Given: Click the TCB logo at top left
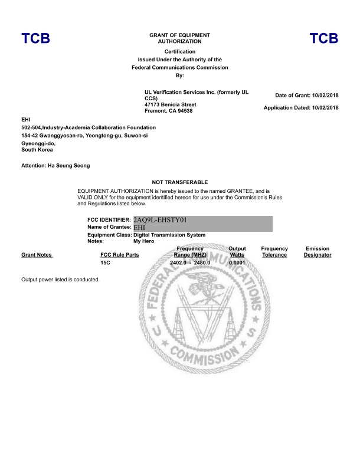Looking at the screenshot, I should pyautogui.click(x=35, y=39).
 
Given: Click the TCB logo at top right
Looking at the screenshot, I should pyautogui.click(x=323, y=39).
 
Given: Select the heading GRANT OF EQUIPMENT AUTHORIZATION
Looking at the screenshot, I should pyautogui.click(x=179, y=38).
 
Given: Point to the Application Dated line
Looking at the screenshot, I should pyautogui.click(x=301, y=107).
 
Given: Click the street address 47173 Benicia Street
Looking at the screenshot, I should pyautogui.click(x=171, y=104).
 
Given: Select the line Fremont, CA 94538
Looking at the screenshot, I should pyautogui.click(x=168, y=111).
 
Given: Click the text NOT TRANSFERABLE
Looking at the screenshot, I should pyautogui.click(x=180, y=182).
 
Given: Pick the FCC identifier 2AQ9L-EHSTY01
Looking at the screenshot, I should pyautogui.click(x=161, y=219).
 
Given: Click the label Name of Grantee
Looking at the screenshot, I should pyautogui.click(x=109, y=227).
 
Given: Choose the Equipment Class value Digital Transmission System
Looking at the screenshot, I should pyautogui.click(x=169, y=235).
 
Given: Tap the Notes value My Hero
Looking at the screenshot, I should pyautogui.click(x=145, y=241).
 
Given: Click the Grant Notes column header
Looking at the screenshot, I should pyautogui.click(x=37, y=255).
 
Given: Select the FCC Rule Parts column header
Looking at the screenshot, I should pyautogui.click(x=120, y=255).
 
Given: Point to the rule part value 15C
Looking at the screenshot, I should pyautogui.click(x=106, y=262).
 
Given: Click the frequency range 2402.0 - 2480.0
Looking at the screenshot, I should pyautogui.click(x=189, y=262).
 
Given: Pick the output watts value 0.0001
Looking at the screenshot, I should pyautogui.click(x=237, y=262).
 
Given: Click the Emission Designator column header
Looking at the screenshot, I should pyautogui.click(x=318, y=252).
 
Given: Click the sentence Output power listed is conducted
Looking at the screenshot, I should pyautogui.click(x=60, y=279).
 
